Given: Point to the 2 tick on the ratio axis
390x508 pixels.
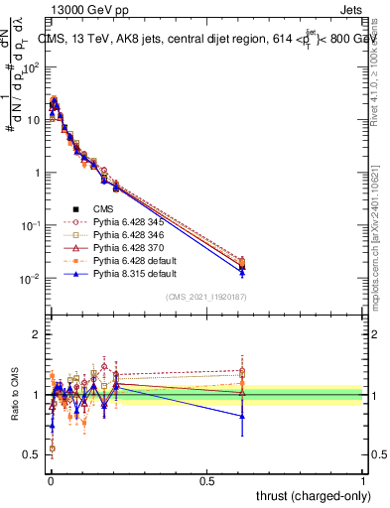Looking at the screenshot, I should [x=37, y=335].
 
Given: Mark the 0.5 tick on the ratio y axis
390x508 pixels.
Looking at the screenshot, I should [x=33, y=454].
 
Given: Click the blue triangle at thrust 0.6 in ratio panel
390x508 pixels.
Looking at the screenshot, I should [x=241, y=417].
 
